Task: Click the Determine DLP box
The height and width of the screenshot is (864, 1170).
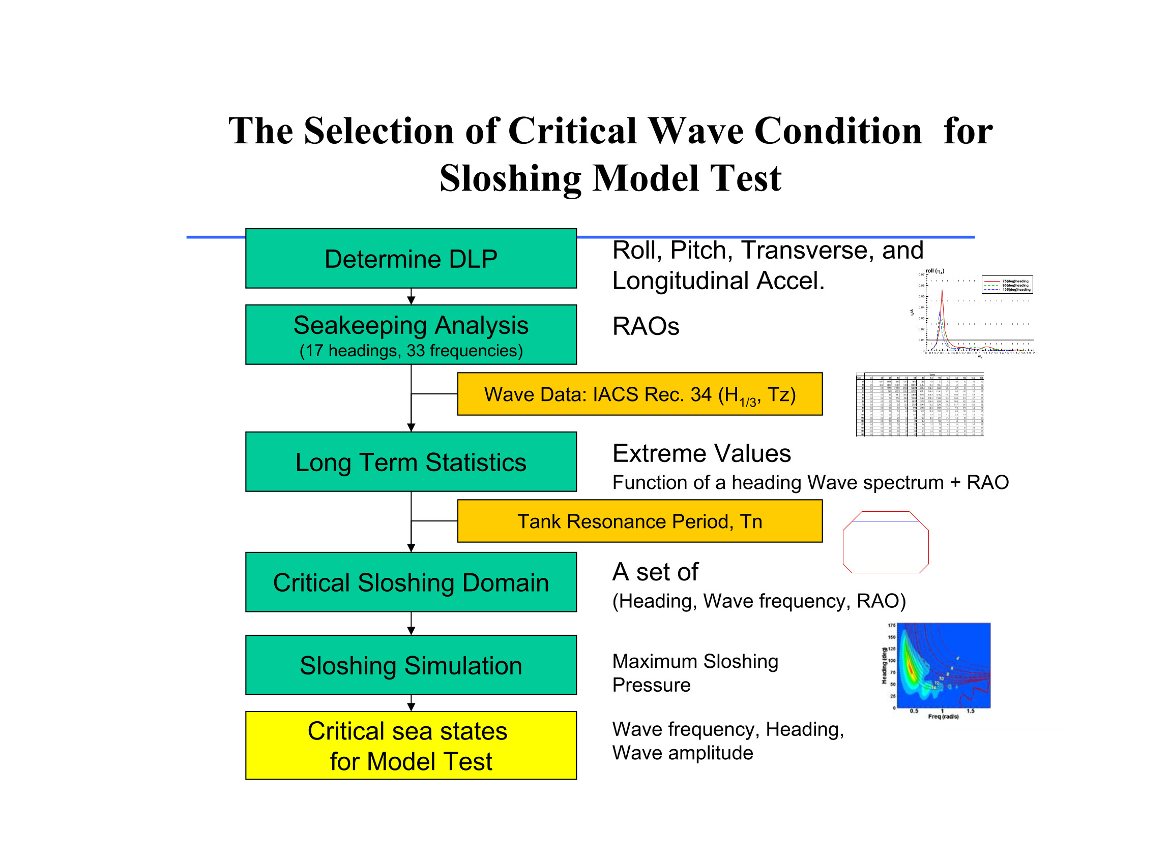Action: click(411, 259)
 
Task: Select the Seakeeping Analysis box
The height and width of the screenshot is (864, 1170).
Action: click(411, 335)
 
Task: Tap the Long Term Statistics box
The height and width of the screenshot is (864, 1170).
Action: click(411, 462)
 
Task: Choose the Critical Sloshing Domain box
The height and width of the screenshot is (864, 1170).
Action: click(411, 582)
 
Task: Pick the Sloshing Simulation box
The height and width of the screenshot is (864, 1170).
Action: click(411, 665)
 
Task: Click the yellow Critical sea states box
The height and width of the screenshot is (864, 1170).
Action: click(411, 746)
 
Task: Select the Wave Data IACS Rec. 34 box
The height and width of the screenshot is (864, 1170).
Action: click(640, 394)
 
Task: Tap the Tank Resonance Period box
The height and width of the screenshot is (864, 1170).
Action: click(640, 521)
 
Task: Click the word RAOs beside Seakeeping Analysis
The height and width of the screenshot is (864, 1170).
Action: click(646, 326)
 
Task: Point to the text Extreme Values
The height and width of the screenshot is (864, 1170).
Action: click(701, 453)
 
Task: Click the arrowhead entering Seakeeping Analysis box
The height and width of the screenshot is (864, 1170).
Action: click(411, 300)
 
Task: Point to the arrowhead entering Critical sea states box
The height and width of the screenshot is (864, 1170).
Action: click(411, 707)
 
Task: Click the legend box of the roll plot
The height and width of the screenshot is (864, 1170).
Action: click(1007, 285)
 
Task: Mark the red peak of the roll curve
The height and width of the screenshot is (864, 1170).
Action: click(942, 292)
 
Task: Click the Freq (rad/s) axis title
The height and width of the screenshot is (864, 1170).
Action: click(943, 717)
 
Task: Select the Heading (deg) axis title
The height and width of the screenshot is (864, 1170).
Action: click(884, 666)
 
